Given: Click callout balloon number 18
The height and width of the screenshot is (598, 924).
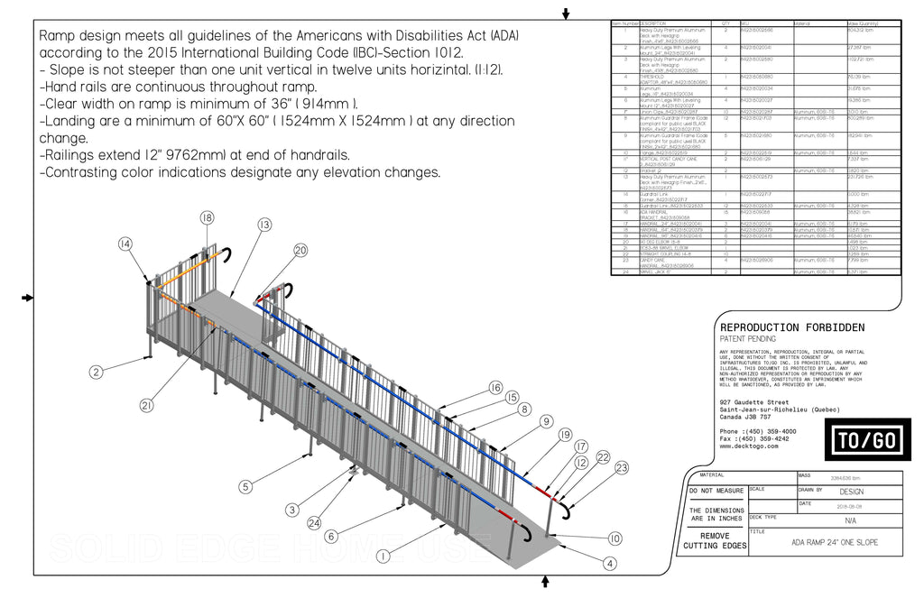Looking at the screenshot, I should tap(207, 217).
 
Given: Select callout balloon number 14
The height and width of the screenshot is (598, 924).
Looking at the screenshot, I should tap(125, 244).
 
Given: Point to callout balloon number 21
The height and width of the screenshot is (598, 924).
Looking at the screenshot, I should tap(146, 406).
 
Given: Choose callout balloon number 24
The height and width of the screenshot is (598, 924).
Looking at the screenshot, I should tap(312, 522).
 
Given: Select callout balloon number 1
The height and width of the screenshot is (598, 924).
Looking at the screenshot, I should tap(383, 557).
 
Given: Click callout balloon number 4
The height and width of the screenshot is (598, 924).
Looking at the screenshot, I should tap(610, 564).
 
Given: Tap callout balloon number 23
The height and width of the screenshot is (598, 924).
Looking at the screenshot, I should tap(622, 467).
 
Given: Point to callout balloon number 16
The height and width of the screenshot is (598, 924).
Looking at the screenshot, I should tap(495, 387).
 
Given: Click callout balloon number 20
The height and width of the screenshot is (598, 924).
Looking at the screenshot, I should tap(300, 250).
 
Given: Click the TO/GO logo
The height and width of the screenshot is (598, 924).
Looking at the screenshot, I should tap(867, 440).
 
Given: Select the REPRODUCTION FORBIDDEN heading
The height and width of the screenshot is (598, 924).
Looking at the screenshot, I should tap(791, 327).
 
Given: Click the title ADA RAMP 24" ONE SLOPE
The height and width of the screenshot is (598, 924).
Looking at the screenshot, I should tap(834, 542).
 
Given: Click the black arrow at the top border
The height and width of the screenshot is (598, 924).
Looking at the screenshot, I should tap(566, 13).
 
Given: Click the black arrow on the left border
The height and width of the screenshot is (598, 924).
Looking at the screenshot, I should tap(28, 297).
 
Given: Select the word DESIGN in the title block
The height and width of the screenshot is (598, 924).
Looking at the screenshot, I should tap(851, 492).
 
